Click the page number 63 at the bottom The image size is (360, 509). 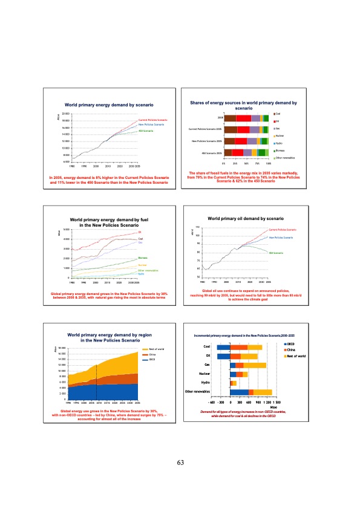click(180, 462)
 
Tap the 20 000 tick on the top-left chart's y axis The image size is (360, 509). click(66, 114)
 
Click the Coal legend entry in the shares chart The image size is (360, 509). click(278, 114)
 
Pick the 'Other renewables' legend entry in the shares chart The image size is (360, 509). click(284, 158)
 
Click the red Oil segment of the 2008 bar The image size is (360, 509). click(244, 118)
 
